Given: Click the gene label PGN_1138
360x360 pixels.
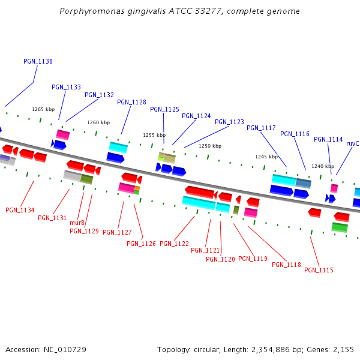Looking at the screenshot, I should (x=38, y=61).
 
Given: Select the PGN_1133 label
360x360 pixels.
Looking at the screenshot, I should (x=66, y=87).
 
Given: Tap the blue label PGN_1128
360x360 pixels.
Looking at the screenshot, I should (x=131, y=102).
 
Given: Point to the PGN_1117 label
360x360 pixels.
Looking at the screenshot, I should (x=261, y=128).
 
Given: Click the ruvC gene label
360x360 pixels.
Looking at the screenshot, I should (x=352, y=144).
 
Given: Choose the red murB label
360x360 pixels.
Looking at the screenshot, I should (x=77, y=223).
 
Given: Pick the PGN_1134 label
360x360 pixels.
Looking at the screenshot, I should (x=20, y=210).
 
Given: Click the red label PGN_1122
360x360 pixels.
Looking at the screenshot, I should (x=174, y=244).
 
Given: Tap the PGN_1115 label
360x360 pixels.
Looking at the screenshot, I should (x=319, y=270).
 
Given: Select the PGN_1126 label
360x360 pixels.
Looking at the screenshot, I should (x=141, y=244).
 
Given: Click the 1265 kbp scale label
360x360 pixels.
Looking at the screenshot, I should (x=43, y=109).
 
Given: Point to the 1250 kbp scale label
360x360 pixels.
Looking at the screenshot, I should (x=210, y=146).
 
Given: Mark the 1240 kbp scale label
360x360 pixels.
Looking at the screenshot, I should (x=322, y=166).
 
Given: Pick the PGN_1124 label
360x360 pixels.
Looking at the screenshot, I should (x=196, y=116).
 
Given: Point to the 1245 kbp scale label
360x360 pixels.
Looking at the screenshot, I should (x=266, y=157).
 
